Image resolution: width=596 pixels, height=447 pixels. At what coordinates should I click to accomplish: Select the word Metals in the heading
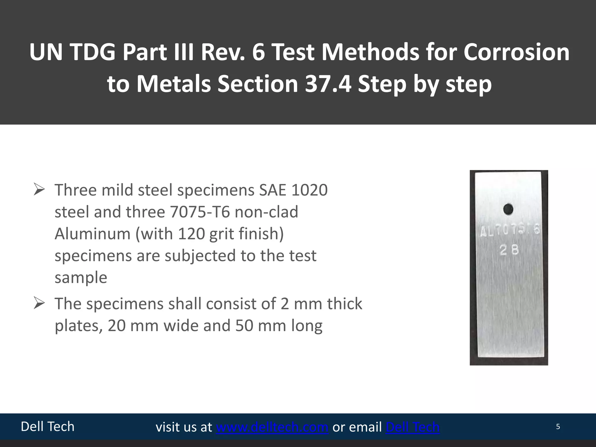(x=174, y=84)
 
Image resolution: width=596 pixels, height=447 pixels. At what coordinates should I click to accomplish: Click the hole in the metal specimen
(x=508, y=209)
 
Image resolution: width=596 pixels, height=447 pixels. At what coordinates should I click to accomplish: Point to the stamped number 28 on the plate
(x=509, y=250)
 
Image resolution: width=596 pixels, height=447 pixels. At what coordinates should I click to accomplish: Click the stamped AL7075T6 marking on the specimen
(x=509, y=231)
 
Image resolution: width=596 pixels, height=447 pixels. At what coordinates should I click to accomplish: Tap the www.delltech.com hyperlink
(x=272, y=427)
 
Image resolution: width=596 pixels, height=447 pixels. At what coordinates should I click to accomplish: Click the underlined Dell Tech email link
(x=412, y=427)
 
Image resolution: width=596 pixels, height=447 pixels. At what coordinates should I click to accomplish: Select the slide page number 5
(x=558, y=427)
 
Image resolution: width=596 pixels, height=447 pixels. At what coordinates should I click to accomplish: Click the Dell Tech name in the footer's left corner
(x=47, y=427)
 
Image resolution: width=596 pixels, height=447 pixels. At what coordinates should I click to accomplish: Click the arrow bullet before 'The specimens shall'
(x=39, y=303)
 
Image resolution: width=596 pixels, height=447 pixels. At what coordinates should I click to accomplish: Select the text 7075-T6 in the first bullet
(x=200, y=212)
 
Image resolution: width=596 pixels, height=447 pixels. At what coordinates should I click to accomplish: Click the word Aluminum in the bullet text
(x=92, y=234)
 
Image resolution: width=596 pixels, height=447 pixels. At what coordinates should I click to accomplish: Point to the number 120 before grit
(x=191, y=234)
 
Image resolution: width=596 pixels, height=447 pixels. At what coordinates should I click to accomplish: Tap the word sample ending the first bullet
(x=81, y=277)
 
